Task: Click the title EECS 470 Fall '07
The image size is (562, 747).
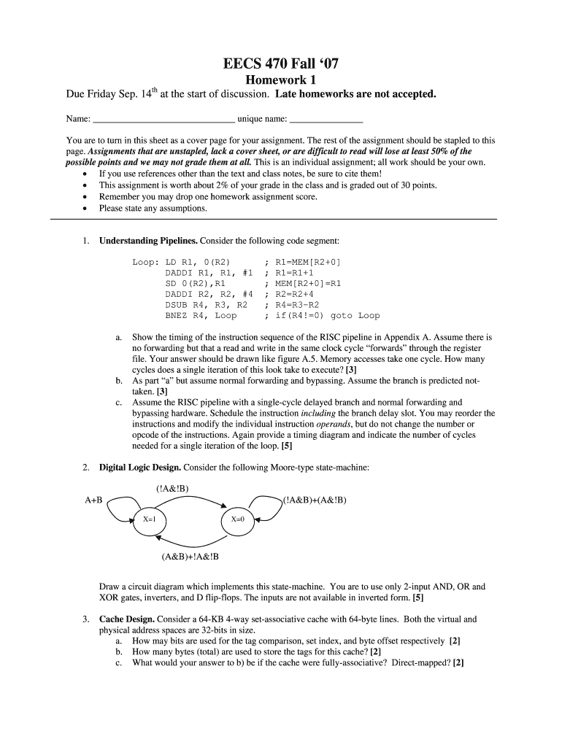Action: (x=281, y=65)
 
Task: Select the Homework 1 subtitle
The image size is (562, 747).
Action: (x=281, y=80)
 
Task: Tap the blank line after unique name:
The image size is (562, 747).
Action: (x=326, y=118)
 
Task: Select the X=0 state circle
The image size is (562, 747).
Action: (x=238, y=519)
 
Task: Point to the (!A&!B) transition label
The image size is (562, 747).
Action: (x=173, y=489)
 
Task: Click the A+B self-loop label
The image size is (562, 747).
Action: (x=93, y=500)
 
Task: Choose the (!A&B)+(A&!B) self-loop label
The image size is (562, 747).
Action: (x=315, y=500)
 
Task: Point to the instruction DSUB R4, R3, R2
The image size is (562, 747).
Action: (x=207, y=305)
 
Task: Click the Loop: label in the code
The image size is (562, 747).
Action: (x=146, y=261)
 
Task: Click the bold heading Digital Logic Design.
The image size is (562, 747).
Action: (x=140, y=467)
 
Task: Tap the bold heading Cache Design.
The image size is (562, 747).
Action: (x=126, y=619)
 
